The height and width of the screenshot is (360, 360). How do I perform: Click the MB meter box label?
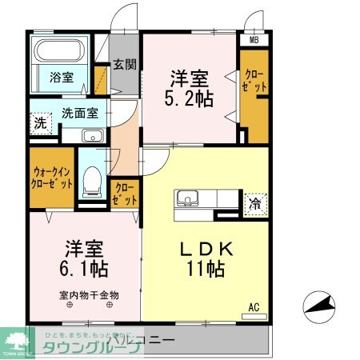point(254,40)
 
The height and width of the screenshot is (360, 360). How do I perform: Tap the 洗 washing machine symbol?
point(39,124)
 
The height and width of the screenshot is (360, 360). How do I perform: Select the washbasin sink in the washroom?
point(94,135)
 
